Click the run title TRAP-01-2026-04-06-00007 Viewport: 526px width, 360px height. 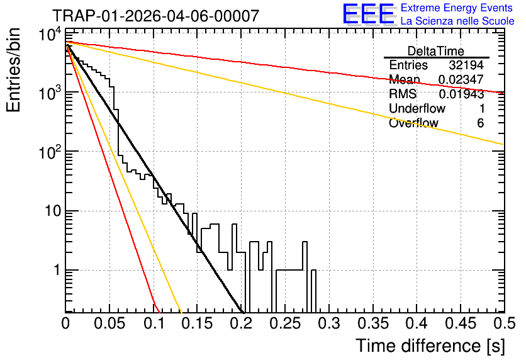pyautogui.click(x=156, y=16)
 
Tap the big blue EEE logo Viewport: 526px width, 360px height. pyautogui.click(x=369, y=14)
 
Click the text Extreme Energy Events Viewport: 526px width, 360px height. pyautogui.click(x=457, y=8)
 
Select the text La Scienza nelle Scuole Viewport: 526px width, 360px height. pyautogui.click(x=457, y=21)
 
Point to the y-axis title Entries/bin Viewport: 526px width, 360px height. pyautogui.click(x=13, y=70)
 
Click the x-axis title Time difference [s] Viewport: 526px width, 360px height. pyautogui.click(x=430, y=346)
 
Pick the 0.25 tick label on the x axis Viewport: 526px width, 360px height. pyautogui.click(x=286, y=323)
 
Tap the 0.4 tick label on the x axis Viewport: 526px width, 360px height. pyautogui.click(x=417, y=323)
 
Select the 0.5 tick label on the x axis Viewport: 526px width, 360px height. pyautogui.click(x=504, y=323)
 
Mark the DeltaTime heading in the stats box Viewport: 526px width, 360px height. pyautogui.click(x=436, y=51)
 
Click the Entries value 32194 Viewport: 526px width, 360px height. pyautogui.click(x=466, y=65)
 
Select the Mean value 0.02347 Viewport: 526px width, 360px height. pyautogui.click(x=461, y=79)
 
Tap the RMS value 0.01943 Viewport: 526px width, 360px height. pyautogui.click(x=462, y=94)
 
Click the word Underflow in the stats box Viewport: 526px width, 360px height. pyautogui.click(x=417, y=109)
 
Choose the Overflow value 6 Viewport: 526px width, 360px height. pyautogui.click(x=480, y=123)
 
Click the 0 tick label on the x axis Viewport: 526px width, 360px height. pyautogui.click(x=65, y=323)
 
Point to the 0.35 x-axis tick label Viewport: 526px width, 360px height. pyautogui.click(x=373, y=323)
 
